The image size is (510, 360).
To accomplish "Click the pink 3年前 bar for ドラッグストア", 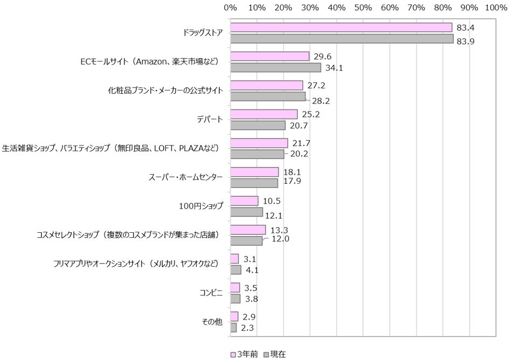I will click(341, 27).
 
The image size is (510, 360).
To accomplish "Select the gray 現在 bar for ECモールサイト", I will click(276, 67).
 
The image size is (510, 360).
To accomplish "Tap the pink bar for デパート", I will click(264, 114).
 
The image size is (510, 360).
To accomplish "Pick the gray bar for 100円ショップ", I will click(247, 212).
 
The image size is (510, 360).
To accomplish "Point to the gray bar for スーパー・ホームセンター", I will click(254, 183).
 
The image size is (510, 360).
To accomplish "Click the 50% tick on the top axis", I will click(363, 8).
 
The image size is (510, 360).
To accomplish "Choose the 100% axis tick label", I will click(495, 8).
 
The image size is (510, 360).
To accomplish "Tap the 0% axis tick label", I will click(230, 8).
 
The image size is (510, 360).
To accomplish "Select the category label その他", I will click(212, 322).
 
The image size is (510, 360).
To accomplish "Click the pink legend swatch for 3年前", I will click(234, 354).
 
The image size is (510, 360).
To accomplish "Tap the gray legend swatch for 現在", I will click(266, 354).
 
